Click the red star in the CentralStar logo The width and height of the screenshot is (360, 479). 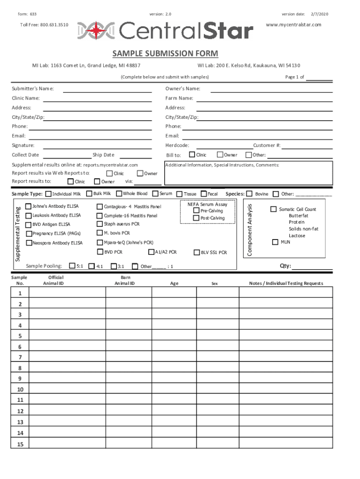[96, 30]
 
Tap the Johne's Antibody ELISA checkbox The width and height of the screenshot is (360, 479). [29, 206]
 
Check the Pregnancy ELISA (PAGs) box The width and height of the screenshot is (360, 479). [29, 233]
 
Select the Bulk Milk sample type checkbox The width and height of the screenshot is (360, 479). [89, 194]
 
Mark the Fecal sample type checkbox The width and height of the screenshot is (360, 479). [203, 194]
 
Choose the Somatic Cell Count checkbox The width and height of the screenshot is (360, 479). [274, 209]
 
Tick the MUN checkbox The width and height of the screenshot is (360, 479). [275, 242]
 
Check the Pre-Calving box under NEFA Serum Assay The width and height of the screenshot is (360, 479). [196, 210]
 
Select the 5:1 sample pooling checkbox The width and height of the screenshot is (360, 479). [72, 266]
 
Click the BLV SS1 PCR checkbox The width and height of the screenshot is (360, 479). [197, 253]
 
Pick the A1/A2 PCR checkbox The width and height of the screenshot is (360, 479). [151, 252]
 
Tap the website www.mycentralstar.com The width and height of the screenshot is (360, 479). [293, 24]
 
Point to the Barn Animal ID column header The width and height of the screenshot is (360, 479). [125, 280]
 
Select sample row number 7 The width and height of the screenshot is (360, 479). [20, 357]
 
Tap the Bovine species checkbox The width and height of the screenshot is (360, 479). [250, 194]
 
